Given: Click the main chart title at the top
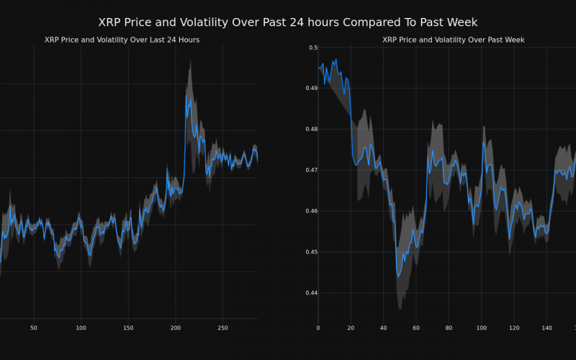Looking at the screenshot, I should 288,23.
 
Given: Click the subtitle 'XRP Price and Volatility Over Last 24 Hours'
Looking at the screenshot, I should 122,40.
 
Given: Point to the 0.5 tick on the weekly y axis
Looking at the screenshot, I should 313,48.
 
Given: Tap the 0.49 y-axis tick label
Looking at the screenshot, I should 310,89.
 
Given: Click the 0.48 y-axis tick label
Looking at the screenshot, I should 310,130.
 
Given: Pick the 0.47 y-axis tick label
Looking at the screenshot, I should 310,171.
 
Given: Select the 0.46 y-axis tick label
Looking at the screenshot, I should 310,212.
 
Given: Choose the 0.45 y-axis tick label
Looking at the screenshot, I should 310,253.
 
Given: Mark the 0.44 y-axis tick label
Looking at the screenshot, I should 310,294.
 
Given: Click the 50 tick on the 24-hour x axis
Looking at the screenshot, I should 34,328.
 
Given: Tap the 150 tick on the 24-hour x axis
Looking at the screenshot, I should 128,328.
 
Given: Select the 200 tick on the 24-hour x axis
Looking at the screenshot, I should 176,328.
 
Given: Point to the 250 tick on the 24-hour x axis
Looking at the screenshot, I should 222,328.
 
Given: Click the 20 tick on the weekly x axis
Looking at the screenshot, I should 351,328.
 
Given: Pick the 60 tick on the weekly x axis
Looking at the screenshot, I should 416,328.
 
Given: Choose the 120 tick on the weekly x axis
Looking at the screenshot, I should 514,328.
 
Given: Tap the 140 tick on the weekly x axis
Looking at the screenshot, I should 546,328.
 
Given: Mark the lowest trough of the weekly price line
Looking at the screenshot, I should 398,276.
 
